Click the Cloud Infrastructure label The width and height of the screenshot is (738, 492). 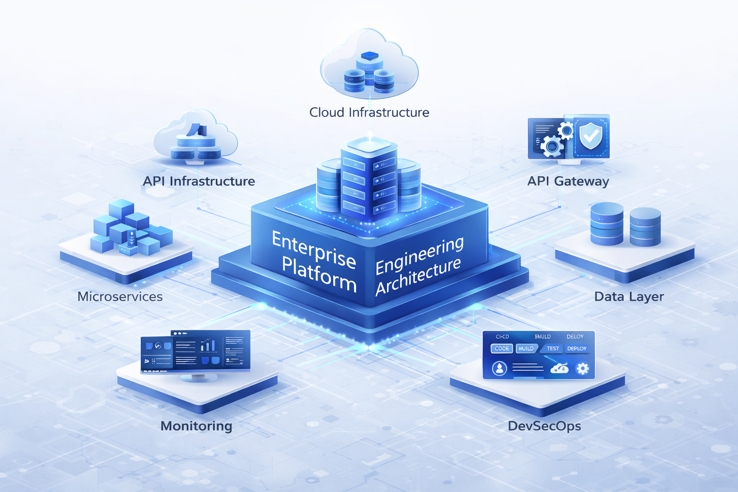369,112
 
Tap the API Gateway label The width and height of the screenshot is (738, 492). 568,181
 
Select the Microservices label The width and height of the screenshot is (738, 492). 120,296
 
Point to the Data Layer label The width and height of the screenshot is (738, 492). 629,296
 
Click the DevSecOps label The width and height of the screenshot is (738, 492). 544,426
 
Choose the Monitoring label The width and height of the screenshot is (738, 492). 196,426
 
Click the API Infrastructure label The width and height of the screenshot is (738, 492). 199,181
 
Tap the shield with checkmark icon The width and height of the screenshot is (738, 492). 590,136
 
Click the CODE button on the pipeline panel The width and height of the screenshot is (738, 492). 502,348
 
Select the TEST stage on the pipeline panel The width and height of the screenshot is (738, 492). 553,348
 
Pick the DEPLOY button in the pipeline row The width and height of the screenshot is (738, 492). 577,348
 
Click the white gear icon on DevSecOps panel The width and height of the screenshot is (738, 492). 582,369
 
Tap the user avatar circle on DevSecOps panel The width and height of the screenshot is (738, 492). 500,369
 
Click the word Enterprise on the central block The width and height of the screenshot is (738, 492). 314,249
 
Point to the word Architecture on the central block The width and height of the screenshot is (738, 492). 418,276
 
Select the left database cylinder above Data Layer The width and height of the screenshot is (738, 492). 607,224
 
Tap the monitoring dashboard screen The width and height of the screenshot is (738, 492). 196,351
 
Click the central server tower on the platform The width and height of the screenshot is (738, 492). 369,180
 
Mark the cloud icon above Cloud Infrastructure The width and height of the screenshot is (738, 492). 369,65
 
